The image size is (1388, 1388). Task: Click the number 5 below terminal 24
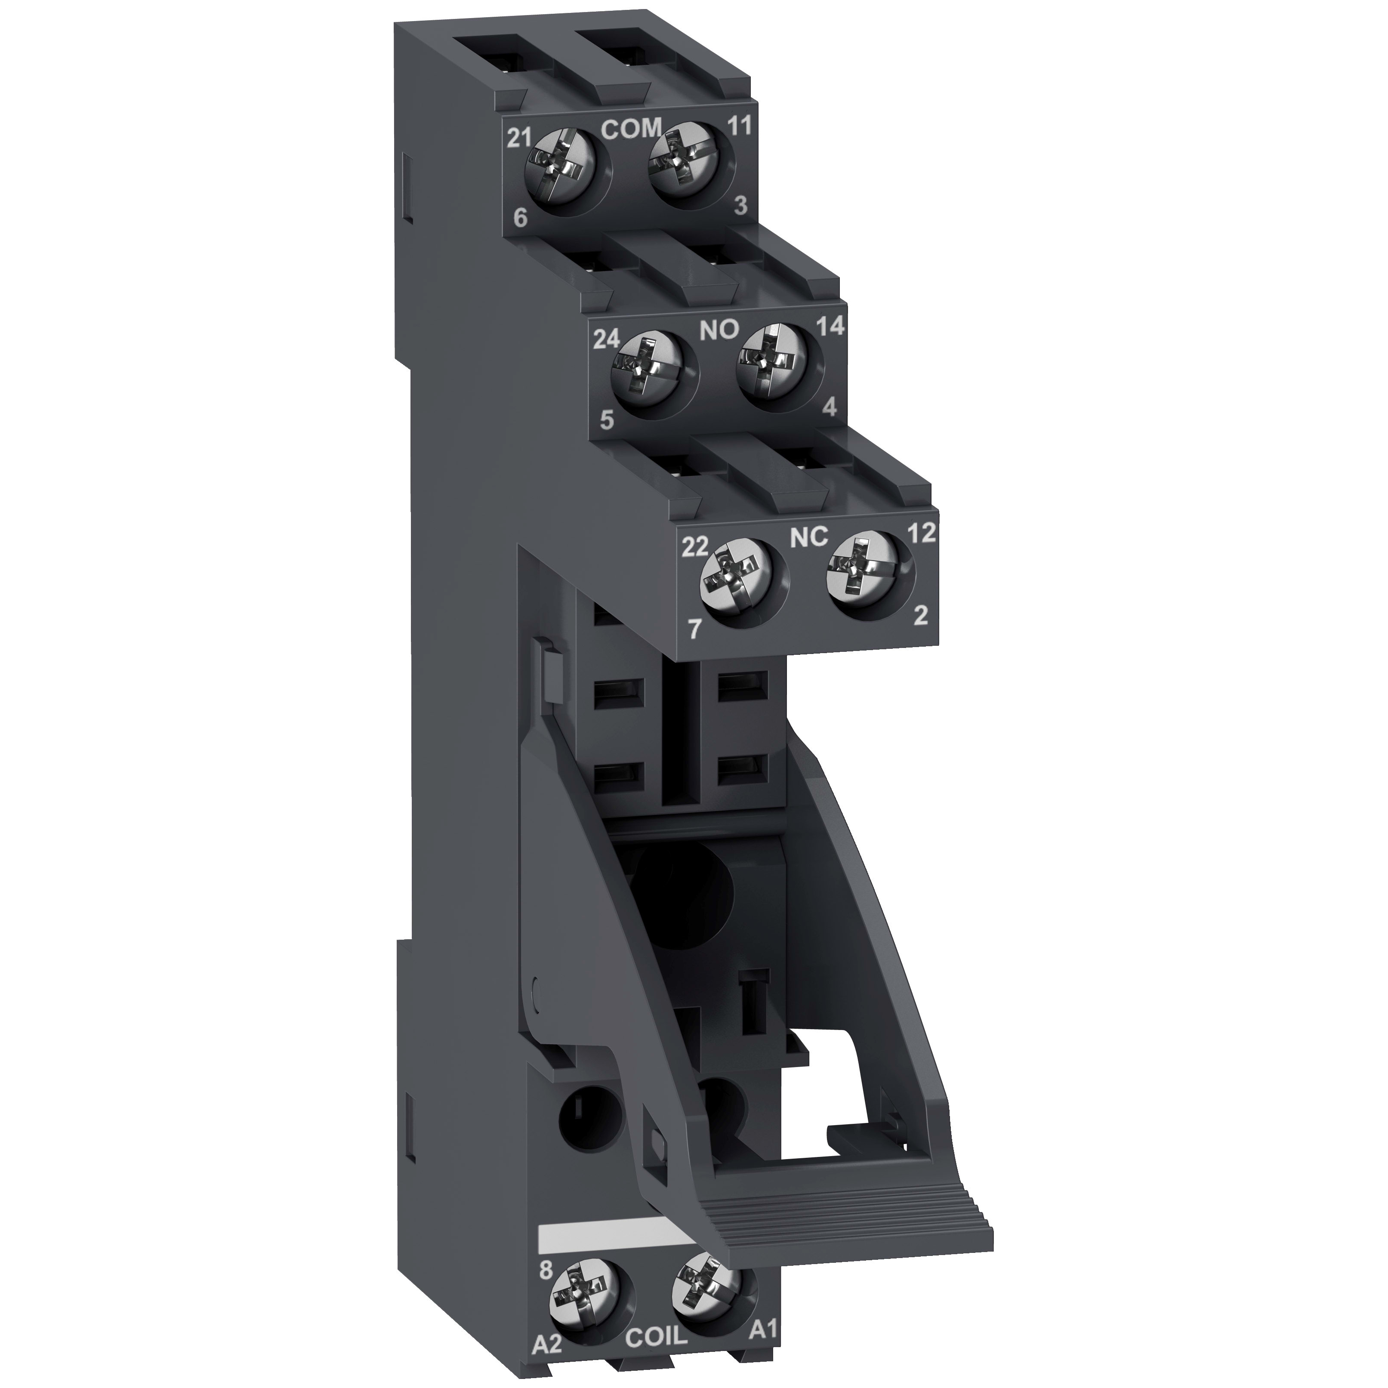(x=607, y=421)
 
